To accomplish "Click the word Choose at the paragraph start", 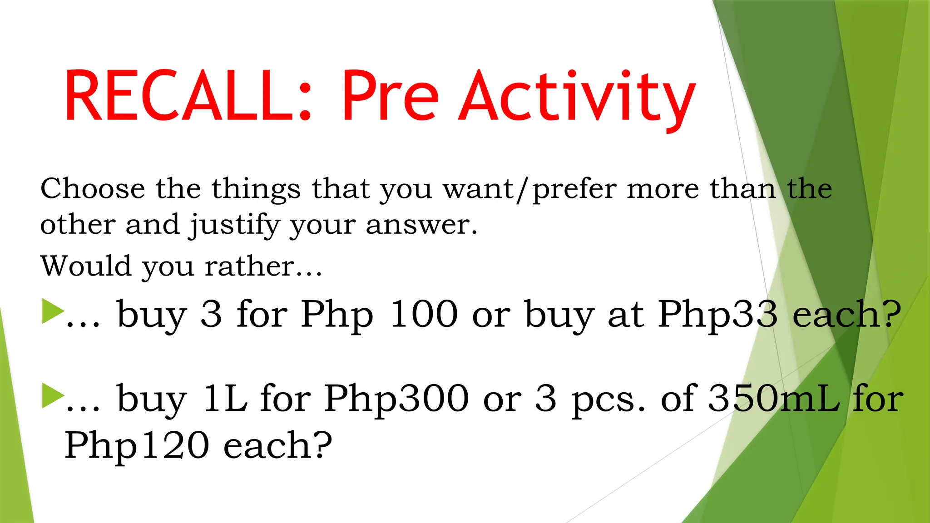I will (x=93, y=188).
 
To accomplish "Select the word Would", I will (x=86, y=266).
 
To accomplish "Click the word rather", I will (x=249, y=266).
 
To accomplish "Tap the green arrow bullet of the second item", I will (x=53, y=396).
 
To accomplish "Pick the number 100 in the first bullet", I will (x=424, y=314).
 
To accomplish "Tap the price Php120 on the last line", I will (x=137, y=446).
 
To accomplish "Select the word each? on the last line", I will (x=278, y=446).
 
